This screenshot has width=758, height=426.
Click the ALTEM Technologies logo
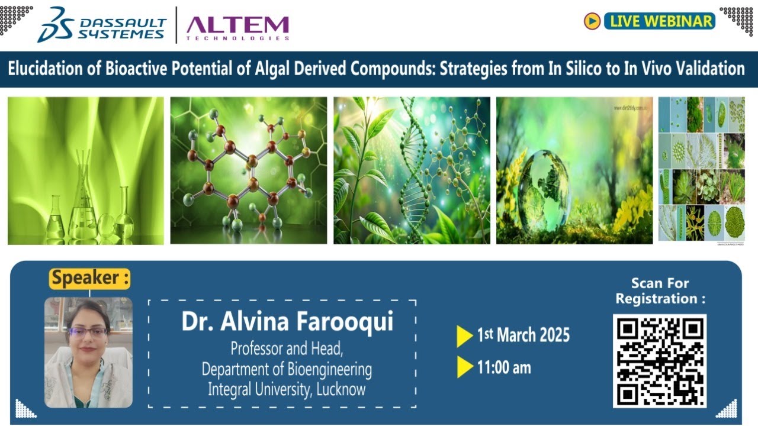[237, 27]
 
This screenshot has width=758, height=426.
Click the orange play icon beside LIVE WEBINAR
[592, 21]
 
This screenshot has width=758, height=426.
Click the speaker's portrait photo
[88, 352]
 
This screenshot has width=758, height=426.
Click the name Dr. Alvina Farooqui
[287, 322]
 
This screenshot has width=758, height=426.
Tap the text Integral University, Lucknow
[287, 389]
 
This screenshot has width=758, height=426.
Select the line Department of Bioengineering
[287, 369]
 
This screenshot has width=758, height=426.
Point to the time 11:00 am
[504, 367]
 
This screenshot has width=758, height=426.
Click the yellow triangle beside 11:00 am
[464, 367]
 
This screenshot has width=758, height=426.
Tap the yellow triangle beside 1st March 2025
[464, 336]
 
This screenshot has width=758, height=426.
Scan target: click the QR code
[660, 360]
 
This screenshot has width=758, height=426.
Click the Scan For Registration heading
[660, 291]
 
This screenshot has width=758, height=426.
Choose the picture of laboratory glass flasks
[86, 170]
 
